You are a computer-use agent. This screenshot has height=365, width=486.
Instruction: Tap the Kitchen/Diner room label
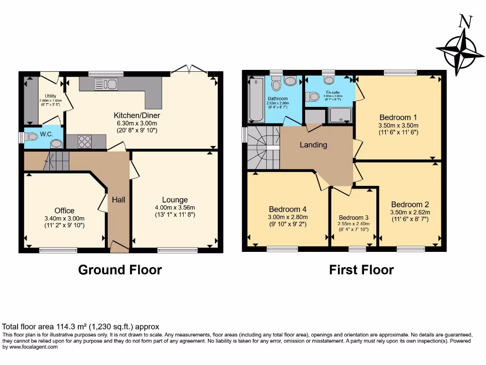click(137, 115)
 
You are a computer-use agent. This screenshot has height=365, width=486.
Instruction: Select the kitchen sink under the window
click(106, 85)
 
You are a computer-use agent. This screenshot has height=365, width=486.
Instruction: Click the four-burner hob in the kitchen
click(84, 141)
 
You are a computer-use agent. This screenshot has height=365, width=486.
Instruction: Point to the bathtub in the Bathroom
click(256, 100)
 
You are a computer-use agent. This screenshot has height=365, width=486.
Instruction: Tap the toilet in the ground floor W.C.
click(32, 137)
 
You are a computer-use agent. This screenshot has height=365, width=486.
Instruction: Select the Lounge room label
click(175, 200)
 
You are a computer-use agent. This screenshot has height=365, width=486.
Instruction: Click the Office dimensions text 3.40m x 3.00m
click(64, 219)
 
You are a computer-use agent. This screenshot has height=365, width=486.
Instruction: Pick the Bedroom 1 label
click(398, 117)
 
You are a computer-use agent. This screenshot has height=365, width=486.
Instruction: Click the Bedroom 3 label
click(354, 217)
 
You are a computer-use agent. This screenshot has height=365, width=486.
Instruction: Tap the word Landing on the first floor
click(313, 145)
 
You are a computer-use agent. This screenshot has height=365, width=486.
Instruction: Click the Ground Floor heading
click(120, 270)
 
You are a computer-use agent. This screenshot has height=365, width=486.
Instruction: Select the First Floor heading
click(361, 270)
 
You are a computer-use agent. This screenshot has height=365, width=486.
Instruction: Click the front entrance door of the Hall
click(119, 246)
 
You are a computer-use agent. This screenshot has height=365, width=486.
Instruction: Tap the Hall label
click(118, 200)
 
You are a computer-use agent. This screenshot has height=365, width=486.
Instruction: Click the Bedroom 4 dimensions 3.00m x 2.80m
click(288, 217)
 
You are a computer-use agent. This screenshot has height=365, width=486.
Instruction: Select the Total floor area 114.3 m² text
click(81, 327)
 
